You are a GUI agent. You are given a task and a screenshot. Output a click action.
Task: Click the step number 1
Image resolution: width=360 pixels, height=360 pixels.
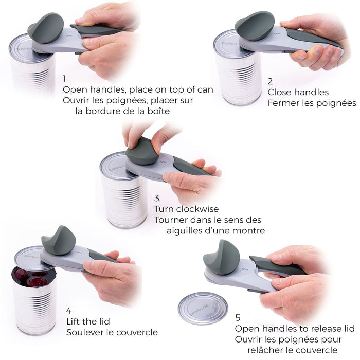pos(64,79)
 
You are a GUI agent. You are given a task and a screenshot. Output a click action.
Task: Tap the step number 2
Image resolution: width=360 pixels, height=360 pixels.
pos(270,81)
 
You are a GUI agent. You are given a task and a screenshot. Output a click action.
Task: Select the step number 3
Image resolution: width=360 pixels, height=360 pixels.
pos(157,198)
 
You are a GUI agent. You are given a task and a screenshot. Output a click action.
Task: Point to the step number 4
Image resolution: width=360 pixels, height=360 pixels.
pos(69,311)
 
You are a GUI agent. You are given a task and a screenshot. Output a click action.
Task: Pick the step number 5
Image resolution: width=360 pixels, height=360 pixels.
pos(238,318)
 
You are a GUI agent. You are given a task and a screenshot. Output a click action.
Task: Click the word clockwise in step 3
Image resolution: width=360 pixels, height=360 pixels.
pos(197,209)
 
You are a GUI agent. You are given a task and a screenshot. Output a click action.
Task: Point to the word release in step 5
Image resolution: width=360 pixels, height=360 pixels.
pos(315,329)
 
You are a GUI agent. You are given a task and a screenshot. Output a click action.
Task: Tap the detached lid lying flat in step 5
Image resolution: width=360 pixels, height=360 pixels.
pos(203,308)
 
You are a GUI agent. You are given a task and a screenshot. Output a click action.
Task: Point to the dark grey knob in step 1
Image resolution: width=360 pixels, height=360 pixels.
pos(45,28)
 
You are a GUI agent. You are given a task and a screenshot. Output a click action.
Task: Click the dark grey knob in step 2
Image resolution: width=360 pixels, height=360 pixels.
pos(255,26)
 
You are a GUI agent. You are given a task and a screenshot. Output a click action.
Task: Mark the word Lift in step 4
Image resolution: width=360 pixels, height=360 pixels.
pos(74,321)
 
